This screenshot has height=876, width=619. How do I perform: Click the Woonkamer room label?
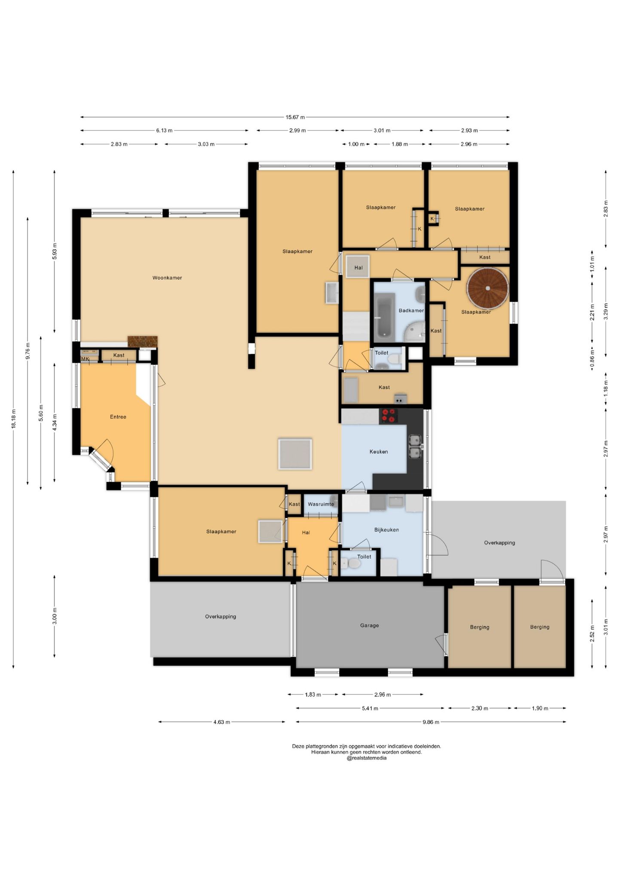point(167,278)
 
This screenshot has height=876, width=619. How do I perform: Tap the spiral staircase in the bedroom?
point(488,288)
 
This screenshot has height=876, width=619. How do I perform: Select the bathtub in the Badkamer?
point(385,315)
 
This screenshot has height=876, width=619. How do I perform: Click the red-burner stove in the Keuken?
point(389,416)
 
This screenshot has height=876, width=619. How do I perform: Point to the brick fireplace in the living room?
point(142,341)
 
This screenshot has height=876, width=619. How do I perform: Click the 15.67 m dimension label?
point(295,117)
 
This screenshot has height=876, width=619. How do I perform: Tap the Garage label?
point(370,625)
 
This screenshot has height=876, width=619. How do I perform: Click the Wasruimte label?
point(321,504)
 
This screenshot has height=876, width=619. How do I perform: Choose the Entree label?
point(118,416)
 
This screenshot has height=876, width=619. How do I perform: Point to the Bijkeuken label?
point(386,530)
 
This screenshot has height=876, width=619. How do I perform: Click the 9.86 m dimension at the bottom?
point(431,722)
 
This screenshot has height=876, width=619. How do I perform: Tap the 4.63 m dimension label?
point(222,722)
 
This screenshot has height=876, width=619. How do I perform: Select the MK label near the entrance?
point(85,359)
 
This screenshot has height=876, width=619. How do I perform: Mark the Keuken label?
point(379,451)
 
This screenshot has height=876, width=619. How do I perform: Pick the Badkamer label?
point(411,310)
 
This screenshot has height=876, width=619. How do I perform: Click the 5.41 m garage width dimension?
point(370,708)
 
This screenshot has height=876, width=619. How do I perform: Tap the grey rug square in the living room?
point(295,454)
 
